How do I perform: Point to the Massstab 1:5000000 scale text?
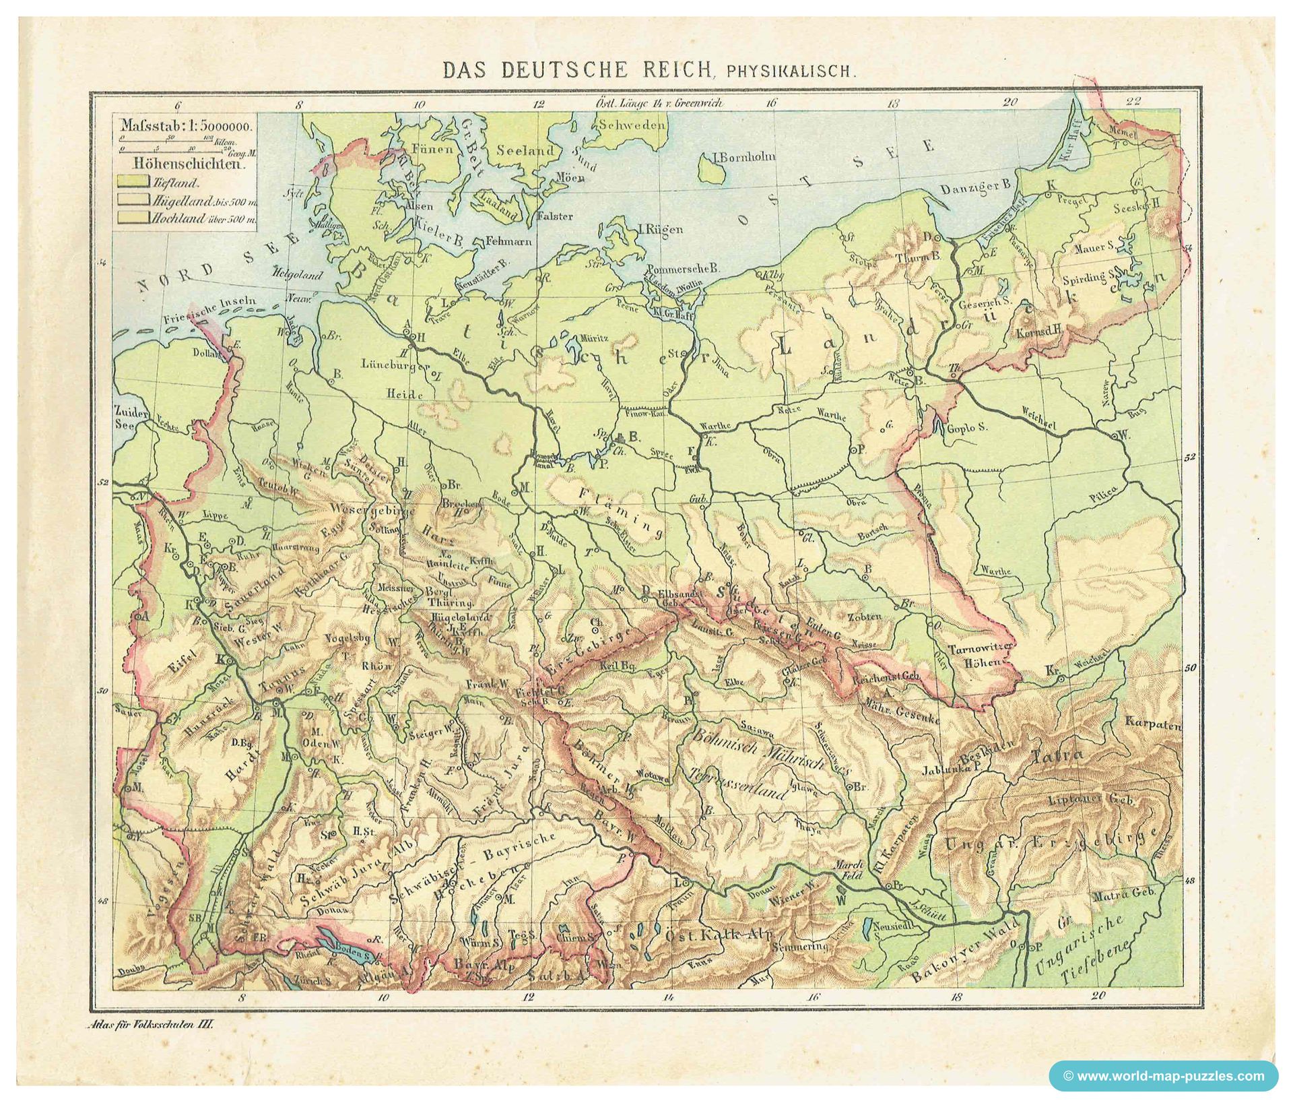186,125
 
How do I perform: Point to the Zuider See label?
126,417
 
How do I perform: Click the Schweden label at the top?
632,125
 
